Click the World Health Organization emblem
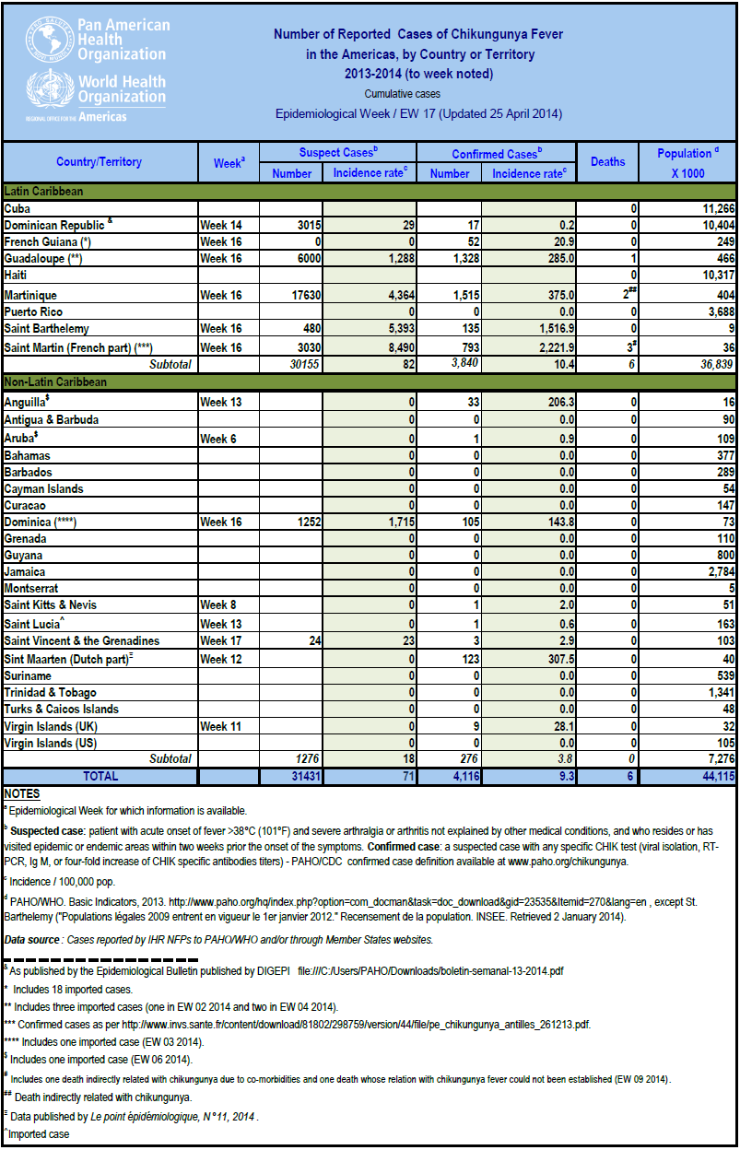[x=51, y=88]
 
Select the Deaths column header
[x=607, y=162]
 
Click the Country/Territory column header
[x=99, y=162]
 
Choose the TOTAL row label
[x=100, y=778]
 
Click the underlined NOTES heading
[x=21, y=793]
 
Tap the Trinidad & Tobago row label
[x=50, y=693]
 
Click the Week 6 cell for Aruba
[x=218, y=438]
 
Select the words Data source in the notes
[x=32, y=940]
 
